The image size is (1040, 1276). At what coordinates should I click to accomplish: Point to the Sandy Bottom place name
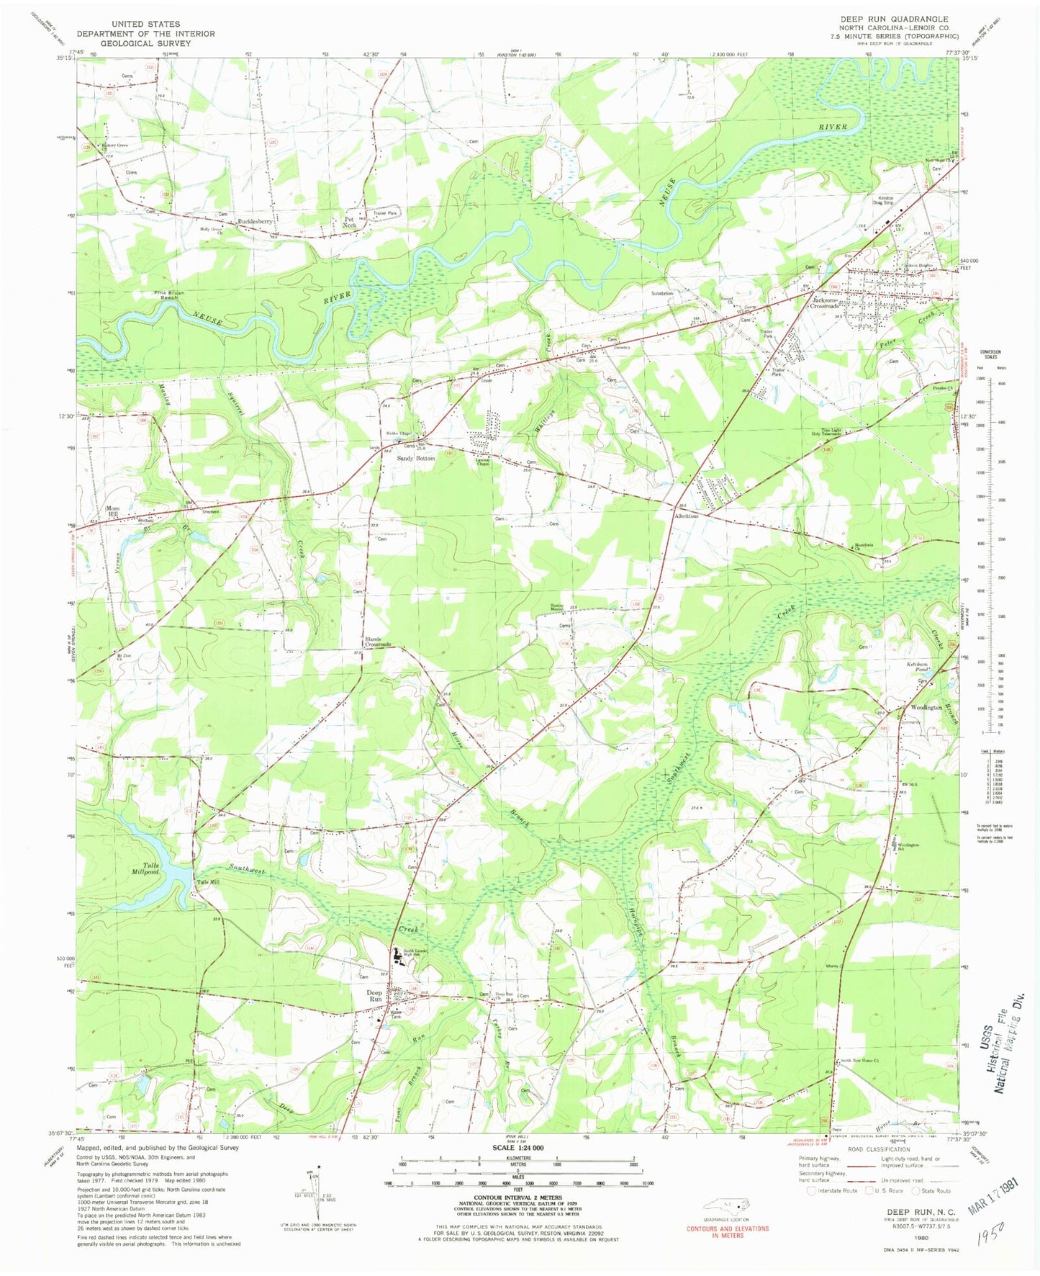416,459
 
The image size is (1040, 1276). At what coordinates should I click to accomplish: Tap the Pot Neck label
350,222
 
